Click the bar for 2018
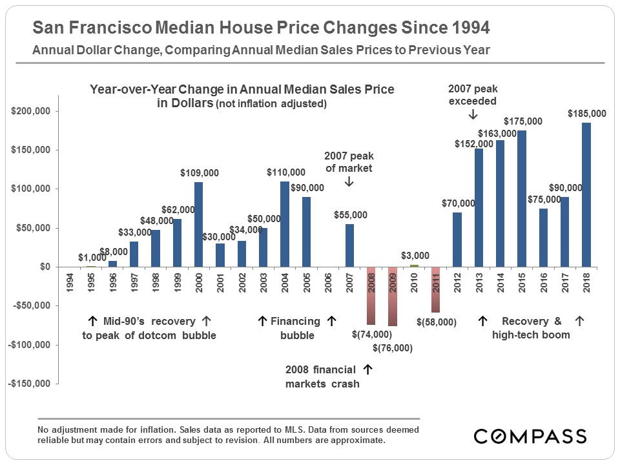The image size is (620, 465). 586,194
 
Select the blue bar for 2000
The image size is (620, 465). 199,224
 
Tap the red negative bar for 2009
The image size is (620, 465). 393,296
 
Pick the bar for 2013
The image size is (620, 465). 479,207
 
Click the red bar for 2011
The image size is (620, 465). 436,289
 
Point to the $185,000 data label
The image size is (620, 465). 586,114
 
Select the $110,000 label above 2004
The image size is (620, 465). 286,173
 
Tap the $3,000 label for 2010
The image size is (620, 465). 415,256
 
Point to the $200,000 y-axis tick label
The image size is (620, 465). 32,112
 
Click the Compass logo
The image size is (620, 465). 530,436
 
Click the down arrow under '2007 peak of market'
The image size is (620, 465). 349,182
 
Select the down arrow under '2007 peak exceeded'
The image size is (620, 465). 472,114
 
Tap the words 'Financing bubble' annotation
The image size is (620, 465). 296,328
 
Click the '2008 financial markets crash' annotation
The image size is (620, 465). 321,377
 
